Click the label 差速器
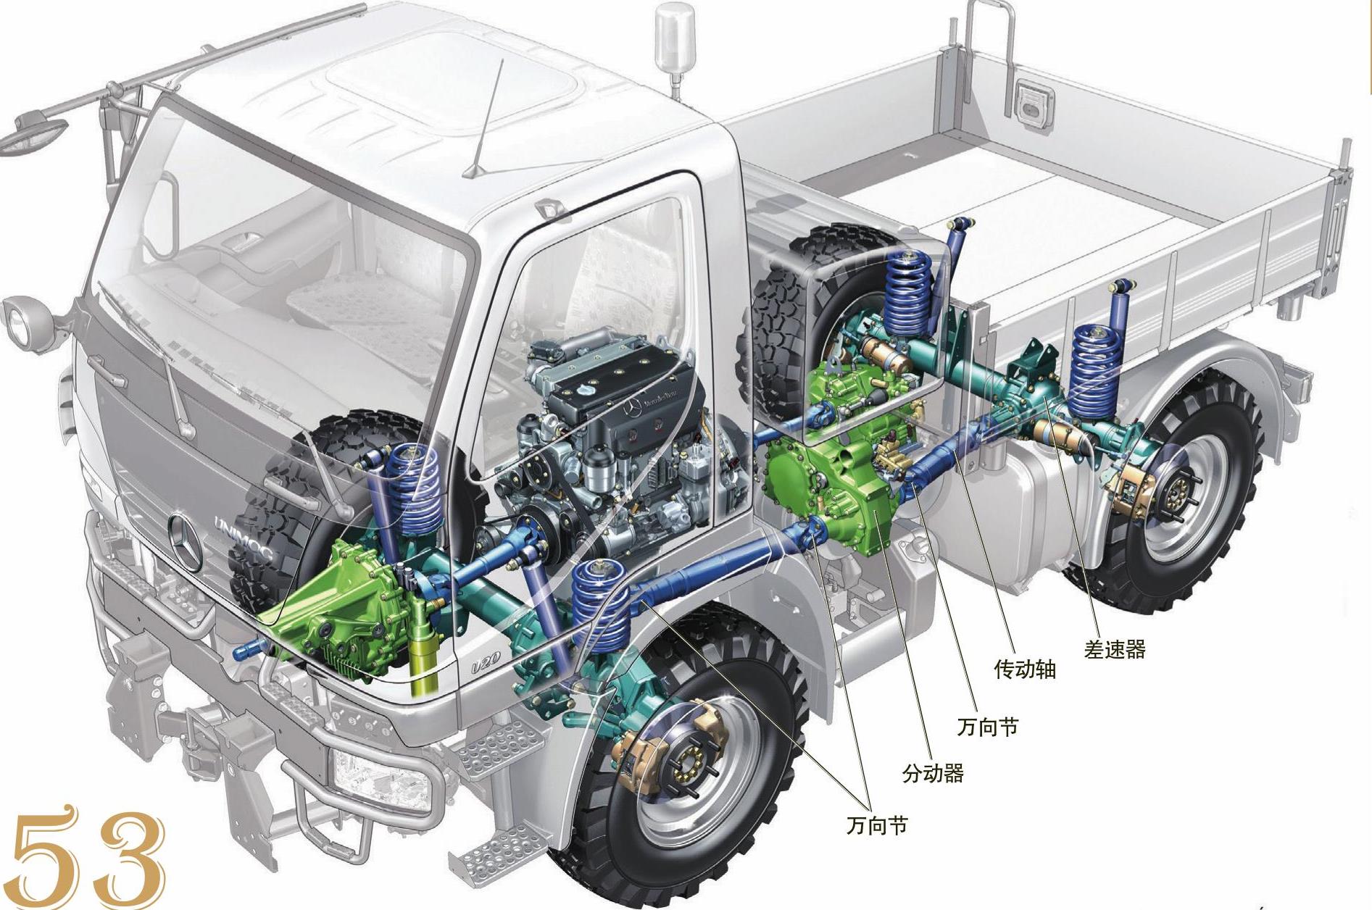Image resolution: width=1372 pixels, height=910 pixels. click(1115, 649)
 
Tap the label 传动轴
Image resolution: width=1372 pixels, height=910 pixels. click(1024, 669)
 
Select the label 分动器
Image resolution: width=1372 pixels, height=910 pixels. click(933, 774)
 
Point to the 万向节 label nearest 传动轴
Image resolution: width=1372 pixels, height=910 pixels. click(987, 727)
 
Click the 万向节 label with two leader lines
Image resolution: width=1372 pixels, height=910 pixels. click(876, 825)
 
